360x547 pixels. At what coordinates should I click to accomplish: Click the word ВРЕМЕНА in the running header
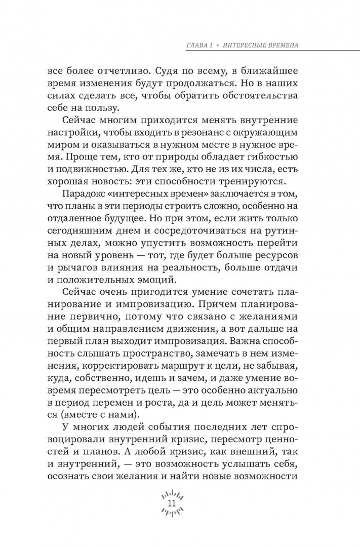[277, 45]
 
